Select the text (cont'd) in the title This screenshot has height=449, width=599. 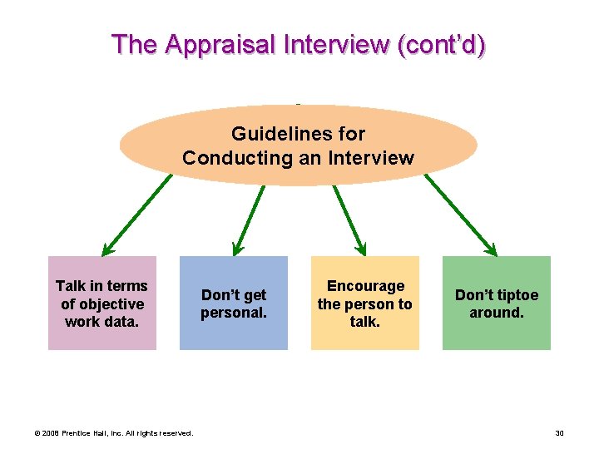(442, 44)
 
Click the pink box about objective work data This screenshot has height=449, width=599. (101, 303)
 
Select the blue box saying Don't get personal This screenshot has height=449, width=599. (234, 303)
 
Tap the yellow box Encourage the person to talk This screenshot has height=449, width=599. (364, 303)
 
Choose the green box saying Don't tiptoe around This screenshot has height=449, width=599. (496, 303)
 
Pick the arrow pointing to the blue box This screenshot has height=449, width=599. (249, 218)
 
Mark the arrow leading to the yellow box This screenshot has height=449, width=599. (349, 218)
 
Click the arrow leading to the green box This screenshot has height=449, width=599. (460, 215)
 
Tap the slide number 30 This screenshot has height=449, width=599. (559, 432)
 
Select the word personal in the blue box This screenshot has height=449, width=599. (234, 313)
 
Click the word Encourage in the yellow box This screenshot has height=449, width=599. (365, 286)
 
